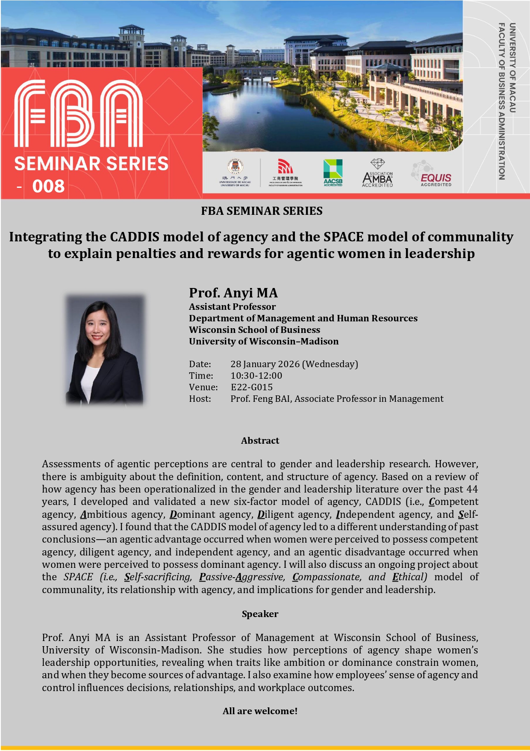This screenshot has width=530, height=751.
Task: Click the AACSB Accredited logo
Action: pyautogui.click(x=333, y=172)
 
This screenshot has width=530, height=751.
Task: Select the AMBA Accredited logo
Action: pyautogui.click(x=377, y=173)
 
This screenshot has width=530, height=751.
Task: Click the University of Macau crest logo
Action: pyautogui.click(x=235, y=172)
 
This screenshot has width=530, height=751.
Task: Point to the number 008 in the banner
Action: pyautogui.click(x=48, y=186)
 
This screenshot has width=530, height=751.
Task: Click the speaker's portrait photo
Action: pyautogui.click(x=105, y=349)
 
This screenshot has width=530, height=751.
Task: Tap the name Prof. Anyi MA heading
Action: pyautogui.click(x=233, y=293)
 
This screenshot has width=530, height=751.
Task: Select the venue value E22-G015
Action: pyautogui.click(x=251, y=387)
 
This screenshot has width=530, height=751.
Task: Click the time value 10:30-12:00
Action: pyautogui.click(x=256, y=376)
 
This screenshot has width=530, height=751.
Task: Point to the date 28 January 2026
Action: pyautogui.click(x=265, y=364)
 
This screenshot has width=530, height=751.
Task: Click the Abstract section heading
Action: pyautogui.click(x=260, y=441)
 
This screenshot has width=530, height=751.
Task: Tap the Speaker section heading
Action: pyautogui.click(x=260, y=614)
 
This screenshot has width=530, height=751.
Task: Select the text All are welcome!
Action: pyautogui.click(x=260, y=711)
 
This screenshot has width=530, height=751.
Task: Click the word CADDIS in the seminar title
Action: pyautogui.click(x=135, y=237)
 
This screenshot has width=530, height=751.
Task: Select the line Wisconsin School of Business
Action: pyautogui.click(x=254, y=330)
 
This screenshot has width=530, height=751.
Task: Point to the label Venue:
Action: pyautogui.click(x=203, y=387)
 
